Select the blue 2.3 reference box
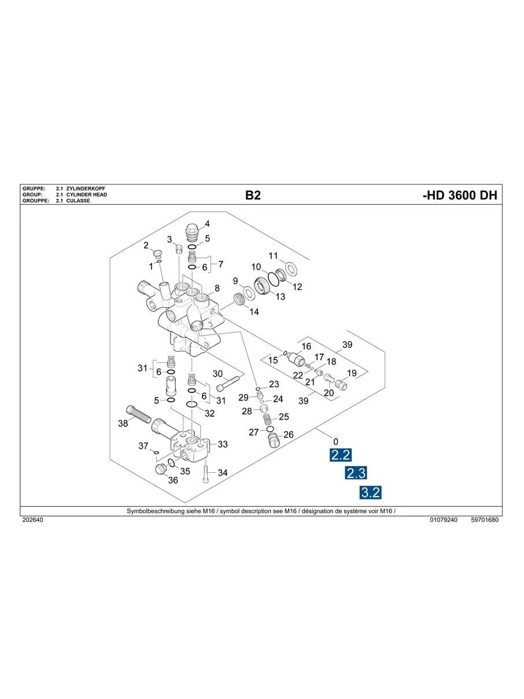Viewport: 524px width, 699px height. click(x=356, y=473)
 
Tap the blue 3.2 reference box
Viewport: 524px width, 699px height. click(x=370, y=492)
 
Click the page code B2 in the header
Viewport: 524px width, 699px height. click(x=253, y=196)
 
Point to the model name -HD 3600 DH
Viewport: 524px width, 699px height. click(x=460, y=196)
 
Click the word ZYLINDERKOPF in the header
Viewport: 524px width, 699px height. click(x=87, y=189)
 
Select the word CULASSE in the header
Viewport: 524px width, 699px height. click(x=78, y=201)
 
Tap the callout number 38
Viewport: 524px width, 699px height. click(x=123, y=424)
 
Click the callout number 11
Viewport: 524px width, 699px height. click(x=274, y=256)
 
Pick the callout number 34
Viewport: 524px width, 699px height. click(x=223, y=473)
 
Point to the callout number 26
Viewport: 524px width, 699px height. click(x=289, y=435)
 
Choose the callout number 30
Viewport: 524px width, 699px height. click(x=218, y=373)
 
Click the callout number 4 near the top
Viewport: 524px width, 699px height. click(x=207, y=223)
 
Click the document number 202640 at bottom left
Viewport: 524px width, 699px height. click(x=32, y=520)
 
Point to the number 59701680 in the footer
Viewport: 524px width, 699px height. click(x=485, y=520)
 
